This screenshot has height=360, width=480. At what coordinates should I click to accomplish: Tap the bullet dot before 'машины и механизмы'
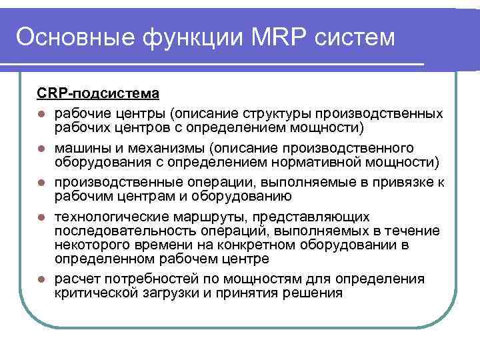[41, 148]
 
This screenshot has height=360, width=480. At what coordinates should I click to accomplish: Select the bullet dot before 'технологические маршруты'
[41, 217]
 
